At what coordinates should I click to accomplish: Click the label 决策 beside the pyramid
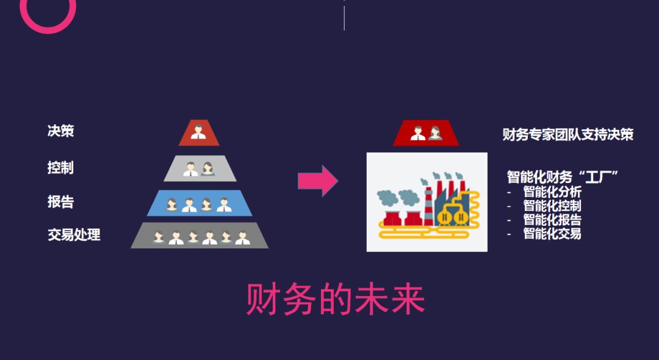(x=60, y=131)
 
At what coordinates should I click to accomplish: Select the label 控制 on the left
(x=60, y=167)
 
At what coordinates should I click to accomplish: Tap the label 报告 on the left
(x=60, y=201)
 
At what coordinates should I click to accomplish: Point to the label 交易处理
(x=74, y=235)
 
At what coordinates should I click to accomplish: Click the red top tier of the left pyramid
(x=198, y=133)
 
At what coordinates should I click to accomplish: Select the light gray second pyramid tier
(x=200, y=168)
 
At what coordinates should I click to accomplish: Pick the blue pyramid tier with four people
(x=200, y=203)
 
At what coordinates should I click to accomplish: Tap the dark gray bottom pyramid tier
(x=200, y=236)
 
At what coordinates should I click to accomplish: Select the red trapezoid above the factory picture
(x=425, y=133)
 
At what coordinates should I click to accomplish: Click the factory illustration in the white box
(x=427, y=202)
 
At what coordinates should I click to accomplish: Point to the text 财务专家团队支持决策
(x=567, y=134)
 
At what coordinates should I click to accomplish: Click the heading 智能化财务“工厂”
(x=563, y=177)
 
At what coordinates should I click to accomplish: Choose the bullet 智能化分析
(x=552, y=192)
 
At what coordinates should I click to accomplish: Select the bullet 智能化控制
(x=552, y=206)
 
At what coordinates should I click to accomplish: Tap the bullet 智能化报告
(x=552, y=220)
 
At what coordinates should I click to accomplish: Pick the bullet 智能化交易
(x=552, y=234)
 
